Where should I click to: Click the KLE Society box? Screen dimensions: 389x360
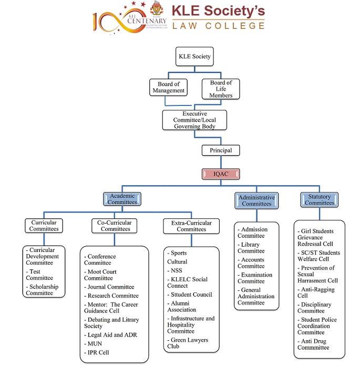(194, 56)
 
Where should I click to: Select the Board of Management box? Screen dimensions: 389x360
(168, 87)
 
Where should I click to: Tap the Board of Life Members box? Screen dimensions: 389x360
(221, 89)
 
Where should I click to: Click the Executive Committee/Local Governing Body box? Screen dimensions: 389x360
(194, 120)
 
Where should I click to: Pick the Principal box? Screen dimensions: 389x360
(221, 150)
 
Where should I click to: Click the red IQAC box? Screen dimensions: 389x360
(221, 174)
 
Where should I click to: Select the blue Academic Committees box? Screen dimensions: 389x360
(122, 199)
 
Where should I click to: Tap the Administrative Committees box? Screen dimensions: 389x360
(256, 200)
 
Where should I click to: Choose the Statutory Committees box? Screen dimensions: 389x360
(319, 199)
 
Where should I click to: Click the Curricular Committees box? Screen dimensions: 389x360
(44, 226)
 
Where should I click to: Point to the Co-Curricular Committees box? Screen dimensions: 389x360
(115, 226)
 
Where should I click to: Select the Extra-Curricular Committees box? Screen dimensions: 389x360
(191, 226)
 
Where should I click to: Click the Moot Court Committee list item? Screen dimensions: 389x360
(101, 275)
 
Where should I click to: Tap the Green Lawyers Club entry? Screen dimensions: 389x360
(189, 343)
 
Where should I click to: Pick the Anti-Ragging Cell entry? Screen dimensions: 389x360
(316, 292)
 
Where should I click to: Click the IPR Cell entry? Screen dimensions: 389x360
(98, 353)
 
